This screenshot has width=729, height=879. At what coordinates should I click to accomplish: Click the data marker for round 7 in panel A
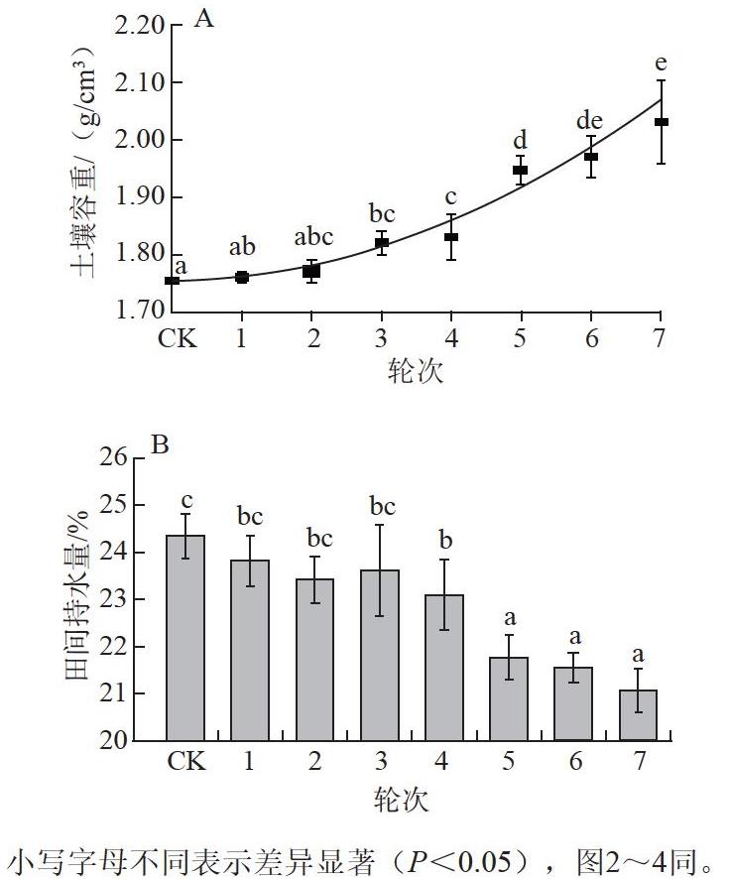coord(662,122)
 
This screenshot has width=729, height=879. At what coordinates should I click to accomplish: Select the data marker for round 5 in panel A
coord(521,170)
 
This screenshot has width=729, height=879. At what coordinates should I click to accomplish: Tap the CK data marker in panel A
coord(173,280)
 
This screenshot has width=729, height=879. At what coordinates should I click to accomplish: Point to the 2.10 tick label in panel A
coord(140,82)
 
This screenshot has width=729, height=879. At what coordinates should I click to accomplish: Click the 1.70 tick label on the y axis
coord(140,310)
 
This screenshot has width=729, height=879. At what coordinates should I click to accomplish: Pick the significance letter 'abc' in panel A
coord(313,237)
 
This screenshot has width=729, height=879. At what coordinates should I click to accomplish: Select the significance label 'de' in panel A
coord(589,120)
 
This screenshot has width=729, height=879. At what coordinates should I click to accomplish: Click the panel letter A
coord(203,19)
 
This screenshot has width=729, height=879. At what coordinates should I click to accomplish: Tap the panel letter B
coord(160,445)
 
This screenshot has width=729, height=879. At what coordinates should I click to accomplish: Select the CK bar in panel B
coord(185,638)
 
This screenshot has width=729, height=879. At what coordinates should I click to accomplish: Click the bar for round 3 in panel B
coord(380,656)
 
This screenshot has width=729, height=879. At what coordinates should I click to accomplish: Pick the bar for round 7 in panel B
coord(638,715)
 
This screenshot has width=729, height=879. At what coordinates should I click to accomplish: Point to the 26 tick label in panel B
coord(114,457)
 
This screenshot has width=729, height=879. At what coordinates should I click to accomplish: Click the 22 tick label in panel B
coord(114,647)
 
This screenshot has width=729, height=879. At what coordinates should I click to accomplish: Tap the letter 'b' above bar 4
coord(445,540)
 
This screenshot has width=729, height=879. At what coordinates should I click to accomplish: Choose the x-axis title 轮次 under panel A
coord(416,370)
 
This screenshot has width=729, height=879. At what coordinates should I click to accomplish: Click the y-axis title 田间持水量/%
coord(77,595)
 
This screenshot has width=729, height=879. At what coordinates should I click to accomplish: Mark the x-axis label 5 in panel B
coord(508,761)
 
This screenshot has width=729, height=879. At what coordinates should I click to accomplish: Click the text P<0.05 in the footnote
coord(460,861)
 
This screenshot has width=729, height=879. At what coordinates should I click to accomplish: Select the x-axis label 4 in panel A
coord(451,338)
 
